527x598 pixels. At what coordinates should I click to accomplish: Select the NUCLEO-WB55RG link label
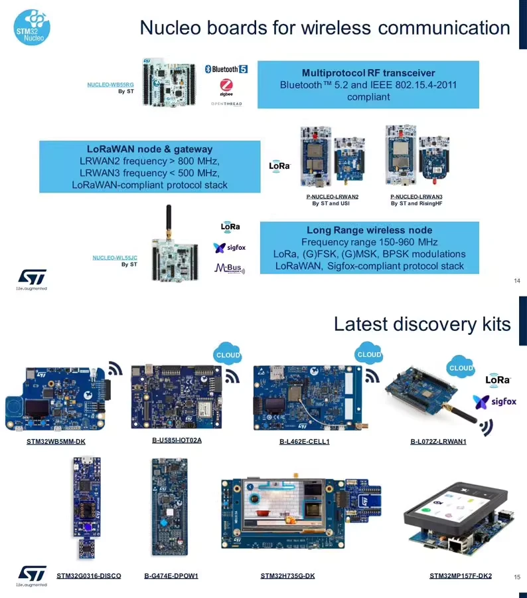[x=110, y=85]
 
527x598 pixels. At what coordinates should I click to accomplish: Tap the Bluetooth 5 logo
[x=226, y=69]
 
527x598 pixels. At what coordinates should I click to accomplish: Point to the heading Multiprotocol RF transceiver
[x=368, y=72]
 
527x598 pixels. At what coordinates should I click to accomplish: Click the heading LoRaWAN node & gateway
[x=149, y=149]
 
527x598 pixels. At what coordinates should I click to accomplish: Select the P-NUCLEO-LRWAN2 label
[x=332, y=197]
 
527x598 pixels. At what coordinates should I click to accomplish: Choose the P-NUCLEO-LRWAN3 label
[x=416, y=197]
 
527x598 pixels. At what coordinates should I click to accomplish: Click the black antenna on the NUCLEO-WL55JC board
[x=169, y=221]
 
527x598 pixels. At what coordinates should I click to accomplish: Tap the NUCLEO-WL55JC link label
[x=115, y=257]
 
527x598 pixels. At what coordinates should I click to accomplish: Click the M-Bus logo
[x=230, y=268]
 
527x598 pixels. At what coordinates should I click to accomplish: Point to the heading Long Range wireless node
[x=369, y=230]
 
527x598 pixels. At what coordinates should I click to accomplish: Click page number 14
[x=517, y=280]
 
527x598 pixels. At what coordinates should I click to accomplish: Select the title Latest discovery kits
[x=422, y=324]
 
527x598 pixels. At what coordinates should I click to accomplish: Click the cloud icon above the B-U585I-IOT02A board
[x=228, y=355]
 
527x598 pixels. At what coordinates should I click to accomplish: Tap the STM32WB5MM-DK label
[x=56, y=442]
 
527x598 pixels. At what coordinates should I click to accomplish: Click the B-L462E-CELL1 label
[x=305, y=442]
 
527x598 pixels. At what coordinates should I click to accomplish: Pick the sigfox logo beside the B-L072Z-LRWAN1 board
[x=494, y=401]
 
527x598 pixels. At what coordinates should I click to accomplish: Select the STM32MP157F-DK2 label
[x=461, y=575]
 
